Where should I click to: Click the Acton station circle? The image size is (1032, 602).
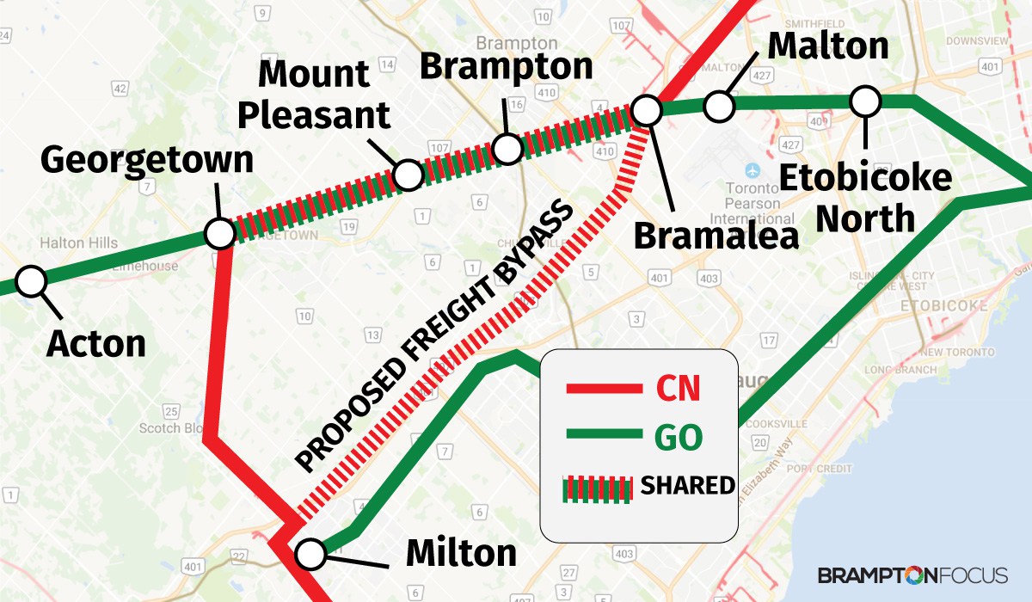click(x=32, y=280)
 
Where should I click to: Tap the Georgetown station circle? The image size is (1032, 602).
click(x=219, y=233)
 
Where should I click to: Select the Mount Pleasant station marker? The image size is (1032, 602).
click(x=408, y=175)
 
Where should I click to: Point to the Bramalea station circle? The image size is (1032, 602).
click(x=646, y=110)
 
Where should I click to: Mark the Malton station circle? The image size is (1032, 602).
click(x=719, y=107)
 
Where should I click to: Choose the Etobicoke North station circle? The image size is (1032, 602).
click(x=865, y=101)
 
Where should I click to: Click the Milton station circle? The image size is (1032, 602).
click(x=310, y=553)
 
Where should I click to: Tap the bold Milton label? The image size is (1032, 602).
click(x=461, y=552)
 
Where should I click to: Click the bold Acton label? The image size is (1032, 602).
click(x=96, y=343)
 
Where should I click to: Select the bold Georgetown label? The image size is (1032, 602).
click(x=147, y=160)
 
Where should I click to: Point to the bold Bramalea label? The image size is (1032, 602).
click(x=716, y=236)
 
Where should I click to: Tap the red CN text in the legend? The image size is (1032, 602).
click(x=678, y=388)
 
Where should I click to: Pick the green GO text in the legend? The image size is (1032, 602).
click(x=679, y=438)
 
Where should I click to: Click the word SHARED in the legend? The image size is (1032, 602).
click(x=688, y=486)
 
